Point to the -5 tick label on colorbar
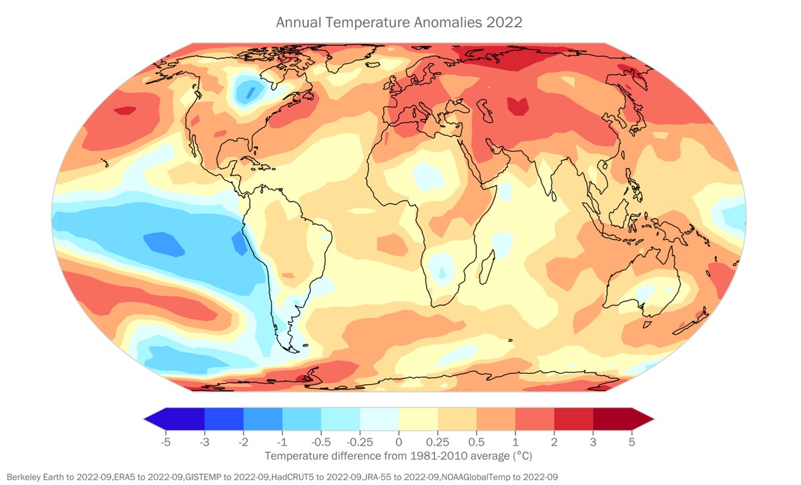165,442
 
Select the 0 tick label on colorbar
398,442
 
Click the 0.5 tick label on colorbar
476,442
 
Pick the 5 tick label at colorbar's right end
631,442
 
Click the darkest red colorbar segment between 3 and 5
612,418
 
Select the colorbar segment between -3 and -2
224,418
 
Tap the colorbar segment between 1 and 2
534,418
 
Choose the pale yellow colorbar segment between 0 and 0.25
418,418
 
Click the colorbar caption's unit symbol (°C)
522,456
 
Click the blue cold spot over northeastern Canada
248,90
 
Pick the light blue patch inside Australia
645,292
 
